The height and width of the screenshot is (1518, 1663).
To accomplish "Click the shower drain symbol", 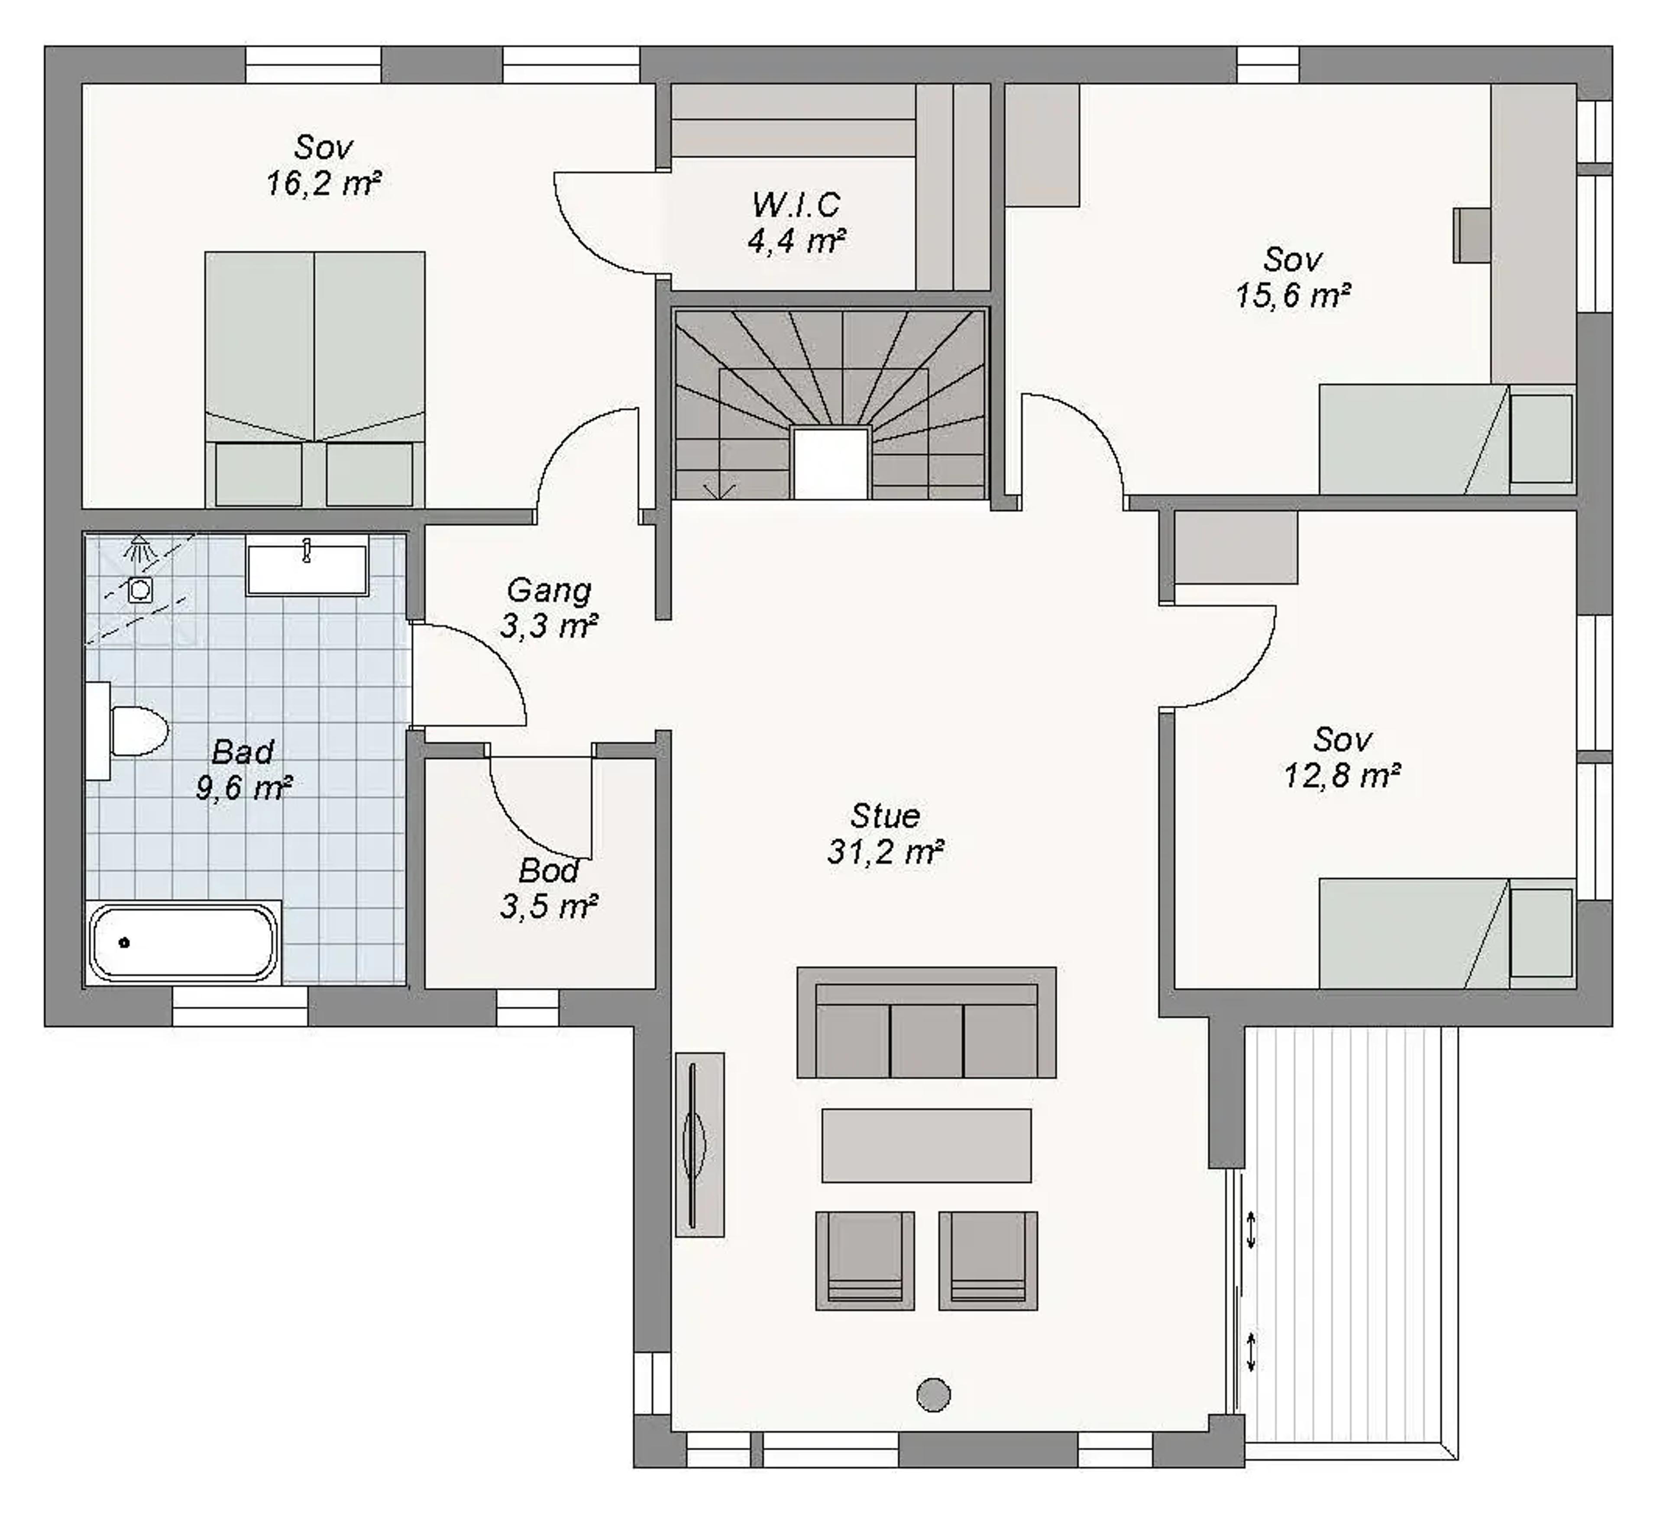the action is coord(140,590).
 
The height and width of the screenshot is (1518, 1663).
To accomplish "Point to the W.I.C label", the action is coord(796,204).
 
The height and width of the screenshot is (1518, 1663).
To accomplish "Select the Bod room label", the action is coord(549,871).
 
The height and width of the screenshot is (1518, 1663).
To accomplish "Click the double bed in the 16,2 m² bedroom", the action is coord(315,379).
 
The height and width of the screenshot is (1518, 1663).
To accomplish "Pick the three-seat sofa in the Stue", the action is coord(926,1022).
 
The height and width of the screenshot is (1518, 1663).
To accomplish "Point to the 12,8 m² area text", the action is coord(1342,776).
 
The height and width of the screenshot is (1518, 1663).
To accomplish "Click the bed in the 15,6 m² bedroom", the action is coord(1447,439).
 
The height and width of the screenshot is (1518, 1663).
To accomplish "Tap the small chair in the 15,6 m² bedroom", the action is coord(1472,235).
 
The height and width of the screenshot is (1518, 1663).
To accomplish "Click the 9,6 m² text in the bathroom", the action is coord(243,788).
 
